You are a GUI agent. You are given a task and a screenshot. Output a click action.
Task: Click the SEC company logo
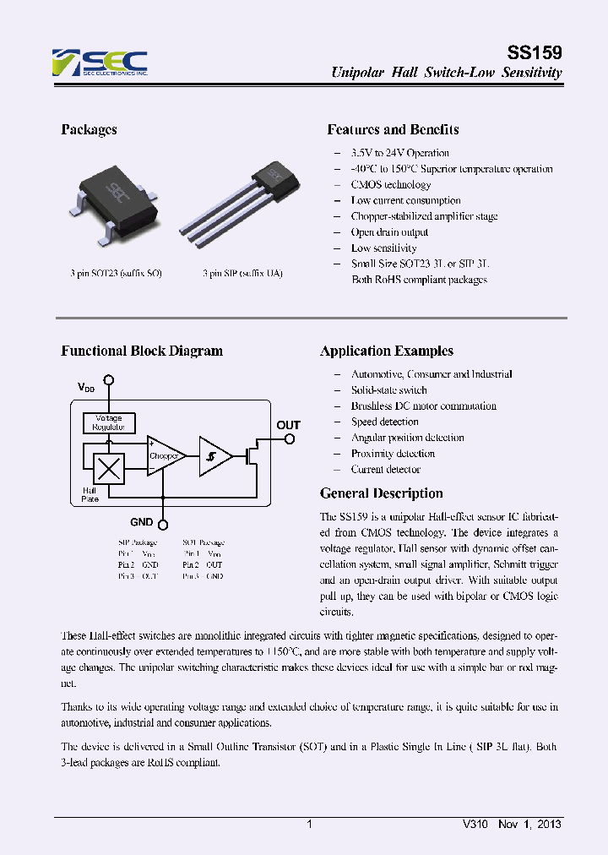[x=100, y=63]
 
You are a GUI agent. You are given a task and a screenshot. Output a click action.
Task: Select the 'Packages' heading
[x=89, y=129]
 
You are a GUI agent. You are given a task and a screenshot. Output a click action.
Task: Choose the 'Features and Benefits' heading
[x=393, y=129]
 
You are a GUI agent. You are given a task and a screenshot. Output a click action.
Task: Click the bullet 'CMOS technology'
[x=391, y=184]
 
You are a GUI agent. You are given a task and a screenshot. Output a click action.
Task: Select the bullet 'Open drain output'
[x=389, y=232]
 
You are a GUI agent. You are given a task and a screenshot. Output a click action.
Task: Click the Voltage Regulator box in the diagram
[x=108, y=422]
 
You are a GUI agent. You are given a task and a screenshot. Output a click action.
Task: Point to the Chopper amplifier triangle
[x=165, y=455]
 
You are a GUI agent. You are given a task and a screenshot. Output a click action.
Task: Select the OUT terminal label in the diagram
[x=289, y=425]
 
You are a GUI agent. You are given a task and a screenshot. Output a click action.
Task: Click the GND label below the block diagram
[x=142, y=522]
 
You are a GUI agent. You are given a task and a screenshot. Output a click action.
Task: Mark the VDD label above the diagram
[x=86, y=387]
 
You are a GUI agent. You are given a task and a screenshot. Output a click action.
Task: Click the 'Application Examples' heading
[x=387, y=351]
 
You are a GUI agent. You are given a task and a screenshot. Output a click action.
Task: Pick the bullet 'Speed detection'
[x=385, y=422]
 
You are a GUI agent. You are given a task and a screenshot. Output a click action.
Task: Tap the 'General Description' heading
[x=381, y=493]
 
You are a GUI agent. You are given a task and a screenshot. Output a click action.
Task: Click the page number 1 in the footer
[x=310, y=824]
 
